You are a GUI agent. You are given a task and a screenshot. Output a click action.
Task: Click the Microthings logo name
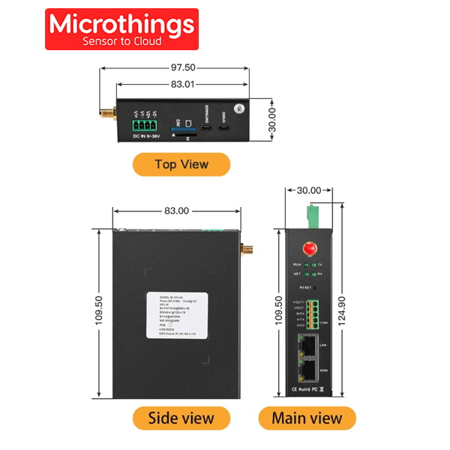121,24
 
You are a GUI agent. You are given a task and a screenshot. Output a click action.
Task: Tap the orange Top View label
181,164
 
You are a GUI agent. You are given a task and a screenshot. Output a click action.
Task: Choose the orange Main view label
307,418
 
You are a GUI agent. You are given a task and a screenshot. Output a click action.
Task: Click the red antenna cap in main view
307,248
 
